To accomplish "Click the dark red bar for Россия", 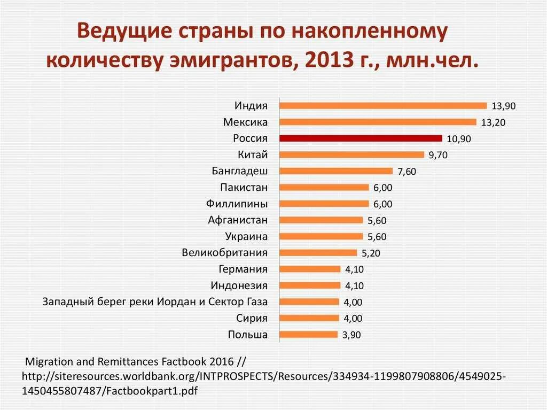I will click(361, 138).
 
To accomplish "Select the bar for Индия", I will click(383, 106).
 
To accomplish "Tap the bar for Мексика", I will click(378, 122).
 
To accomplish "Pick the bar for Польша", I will click(308, 335).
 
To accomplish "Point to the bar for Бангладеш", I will click(336, 171).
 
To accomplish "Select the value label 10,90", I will click(458, 139).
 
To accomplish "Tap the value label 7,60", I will click(407, 172).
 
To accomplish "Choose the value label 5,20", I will click(371, 253).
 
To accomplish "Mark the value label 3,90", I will click(351, 335).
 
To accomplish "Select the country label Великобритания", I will click(224, 252).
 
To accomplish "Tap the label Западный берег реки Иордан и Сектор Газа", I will click(155, 301).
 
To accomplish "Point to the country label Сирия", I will click(252, 318).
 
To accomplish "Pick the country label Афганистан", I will click(238, 220).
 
